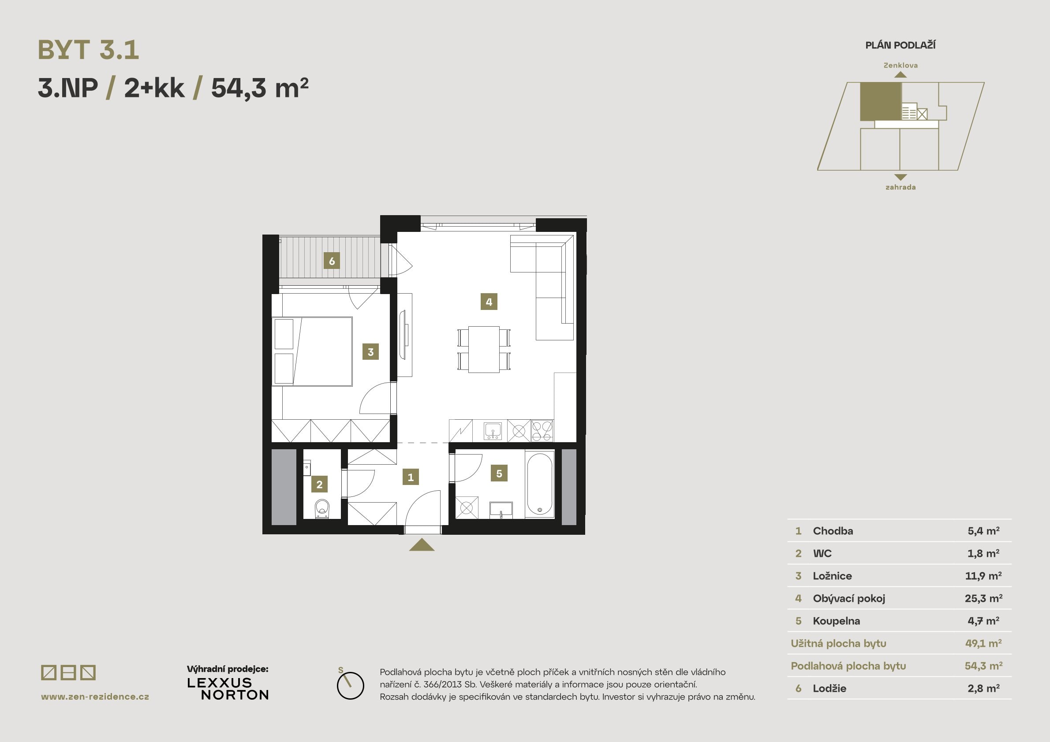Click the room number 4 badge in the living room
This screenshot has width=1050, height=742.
[x=489, y=302]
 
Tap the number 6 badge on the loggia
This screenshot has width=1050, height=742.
[x=332, y=261]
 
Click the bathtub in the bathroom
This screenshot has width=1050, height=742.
[x=540, y=484]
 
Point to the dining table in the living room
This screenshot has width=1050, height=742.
[x=483, y=349]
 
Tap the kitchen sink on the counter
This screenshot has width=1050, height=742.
[x=493, y=431]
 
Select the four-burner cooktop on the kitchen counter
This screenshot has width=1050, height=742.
[x=542, y=431]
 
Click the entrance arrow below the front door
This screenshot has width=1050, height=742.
[x=422, y=544]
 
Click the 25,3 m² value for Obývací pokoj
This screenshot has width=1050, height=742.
[x=983, y=598]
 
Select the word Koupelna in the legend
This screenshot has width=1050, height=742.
[x=836, y=621]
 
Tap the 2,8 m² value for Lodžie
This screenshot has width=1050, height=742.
[x=983, y=689]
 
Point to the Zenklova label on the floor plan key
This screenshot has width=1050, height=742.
[x=900, y=65]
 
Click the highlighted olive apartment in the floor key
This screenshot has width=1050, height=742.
[x=880, y=101]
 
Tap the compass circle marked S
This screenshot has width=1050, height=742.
[x=350, y=686]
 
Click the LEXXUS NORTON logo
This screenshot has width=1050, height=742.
[x=228, y=689]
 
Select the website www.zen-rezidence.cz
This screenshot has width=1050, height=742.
[x=95, y=697]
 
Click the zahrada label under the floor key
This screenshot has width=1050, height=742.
[x=900, y=187]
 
